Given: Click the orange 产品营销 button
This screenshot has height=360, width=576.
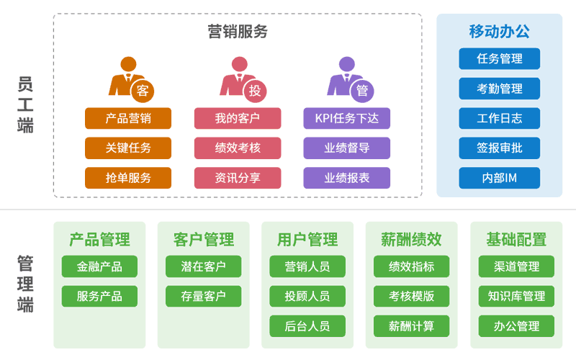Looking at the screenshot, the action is point(128,118).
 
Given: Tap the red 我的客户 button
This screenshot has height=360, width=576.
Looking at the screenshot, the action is point(238,118).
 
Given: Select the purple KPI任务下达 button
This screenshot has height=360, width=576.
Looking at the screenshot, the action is point(346,118).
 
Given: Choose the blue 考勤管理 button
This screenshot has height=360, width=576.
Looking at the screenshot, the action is point(499,89).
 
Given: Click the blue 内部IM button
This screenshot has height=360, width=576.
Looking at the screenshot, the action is point(499,178).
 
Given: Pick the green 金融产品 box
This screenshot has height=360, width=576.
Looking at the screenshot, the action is point(99,266).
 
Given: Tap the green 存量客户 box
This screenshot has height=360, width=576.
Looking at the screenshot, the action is point(204,296).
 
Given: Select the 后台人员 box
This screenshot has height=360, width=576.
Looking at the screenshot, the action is point(307,326).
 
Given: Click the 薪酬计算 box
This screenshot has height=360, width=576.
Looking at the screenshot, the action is point(411,326).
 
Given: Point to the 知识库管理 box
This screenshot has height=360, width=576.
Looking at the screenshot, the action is point(516,296).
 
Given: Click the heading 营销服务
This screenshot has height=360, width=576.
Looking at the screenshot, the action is point(238,32).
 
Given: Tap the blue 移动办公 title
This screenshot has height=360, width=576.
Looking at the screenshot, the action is point(499,32).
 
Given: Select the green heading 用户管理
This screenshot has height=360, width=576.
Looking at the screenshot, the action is point(307,240).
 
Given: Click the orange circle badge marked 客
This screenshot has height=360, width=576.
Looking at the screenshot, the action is point(143,91).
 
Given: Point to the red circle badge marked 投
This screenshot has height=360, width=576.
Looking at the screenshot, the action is point(255,91).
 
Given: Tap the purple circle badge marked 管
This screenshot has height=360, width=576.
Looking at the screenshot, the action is point(362,91).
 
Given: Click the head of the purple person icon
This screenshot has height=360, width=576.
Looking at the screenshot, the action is point(347,64).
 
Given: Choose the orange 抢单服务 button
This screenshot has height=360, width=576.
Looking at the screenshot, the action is point(128,178).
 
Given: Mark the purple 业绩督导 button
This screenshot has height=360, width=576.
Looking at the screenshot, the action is point(346,148).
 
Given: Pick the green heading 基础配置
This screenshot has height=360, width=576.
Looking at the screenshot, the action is point(516,240).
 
